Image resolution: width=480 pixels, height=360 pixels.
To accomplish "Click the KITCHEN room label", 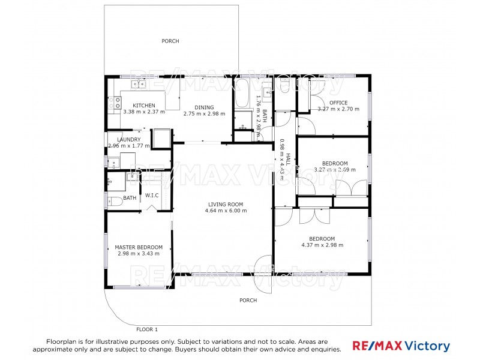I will point(144,106).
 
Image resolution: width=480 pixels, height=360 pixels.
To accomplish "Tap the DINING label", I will point(204,106).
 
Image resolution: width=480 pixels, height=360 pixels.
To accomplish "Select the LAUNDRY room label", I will point(128,139).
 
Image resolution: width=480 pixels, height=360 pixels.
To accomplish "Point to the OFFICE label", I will point(338,103).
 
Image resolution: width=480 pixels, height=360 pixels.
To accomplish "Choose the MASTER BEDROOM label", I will point(139,247).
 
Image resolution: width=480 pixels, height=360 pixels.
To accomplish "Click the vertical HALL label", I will point(287,158).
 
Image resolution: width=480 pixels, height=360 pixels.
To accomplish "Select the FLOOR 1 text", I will point(147,329).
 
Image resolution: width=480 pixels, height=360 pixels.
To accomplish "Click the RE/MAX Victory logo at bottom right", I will point(401,346).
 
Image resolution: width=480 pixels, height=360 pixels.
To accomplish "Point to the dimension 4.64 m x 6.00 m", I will point(226,211).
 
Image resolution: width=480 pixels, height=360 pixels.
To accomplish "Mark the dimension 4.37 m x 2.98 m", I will point(322,244).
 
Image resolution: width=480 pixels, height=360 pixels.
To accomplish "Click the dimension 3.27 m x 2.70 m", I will point(338,109).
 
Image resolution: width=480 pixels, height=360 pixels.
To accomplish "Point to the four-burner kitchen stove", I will point(114,103).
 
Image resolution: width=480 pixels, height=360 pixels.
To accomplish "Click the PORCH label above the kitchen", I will point(170,41).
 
